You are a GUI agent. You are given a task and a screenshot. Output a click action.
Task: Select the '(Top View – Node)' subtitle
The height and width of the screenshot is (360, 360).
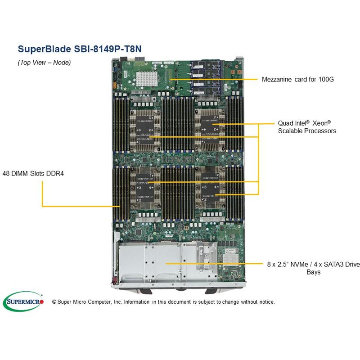click(x=44, y=63)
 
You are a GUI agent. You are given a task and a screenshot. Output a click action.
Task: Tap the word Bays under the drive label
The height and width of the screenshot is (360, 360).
click(x=314, y=272)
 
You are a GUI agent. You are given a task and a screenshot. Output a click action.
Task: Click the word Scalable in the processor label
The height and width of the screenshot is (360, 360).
click(x=291, y=131)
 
